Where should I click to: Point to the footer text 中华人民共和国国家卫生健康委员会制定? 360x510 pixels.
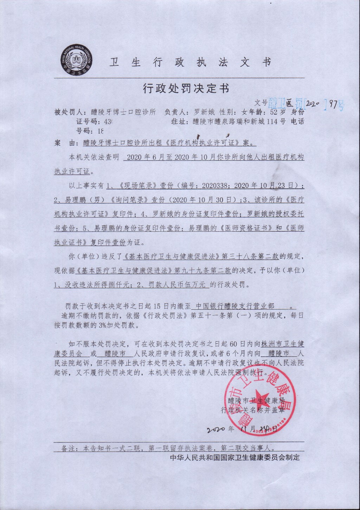tap(235, 457)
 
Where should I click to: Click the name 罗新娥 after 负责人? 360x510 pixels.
tap(204, 112)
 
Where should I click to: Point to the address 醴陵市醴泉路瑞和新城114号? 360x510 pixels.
tap(239, 122)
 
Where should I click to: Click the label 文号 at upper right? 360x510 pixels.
tap(261, 103)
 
